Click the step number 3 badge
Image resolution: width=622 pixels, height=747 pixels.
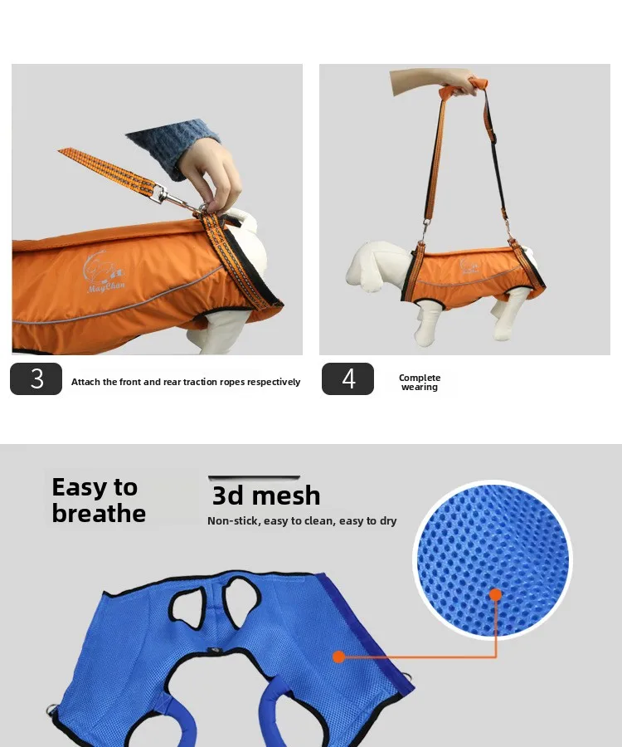(x=36, y=378)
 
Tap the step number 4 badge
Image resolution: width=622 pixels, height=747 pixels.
(x=347, y=378)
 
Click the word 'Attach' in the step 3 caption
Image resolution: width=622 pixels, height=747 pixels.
(x=85, y=382)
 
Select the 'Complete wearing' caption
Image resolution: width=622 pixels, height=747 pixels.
(x=420, y=382)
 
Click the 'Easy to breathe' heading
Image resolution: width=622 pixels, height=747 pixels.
(x=99, y=500)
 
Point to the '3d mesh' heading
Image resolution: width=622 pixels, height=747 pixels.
(x=266, y=496)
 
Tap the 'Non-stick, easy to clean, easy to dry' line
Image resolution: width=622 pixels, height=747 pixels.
(x=302, y=520)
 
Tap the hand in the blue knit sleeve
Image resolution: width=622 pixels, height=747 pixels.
(x=211, y=174)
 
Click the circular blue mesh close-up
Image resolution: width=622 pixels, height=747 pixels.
(x=493, y=559)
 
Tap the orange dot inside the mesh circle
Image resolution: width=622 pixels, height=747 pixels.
(x=495, y=594)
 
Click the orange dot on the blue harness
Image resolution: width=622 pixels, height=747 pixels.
(x=338, y=657)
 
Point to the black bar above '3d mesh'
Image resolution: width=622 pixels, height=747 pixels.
(x=254, y=477)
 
